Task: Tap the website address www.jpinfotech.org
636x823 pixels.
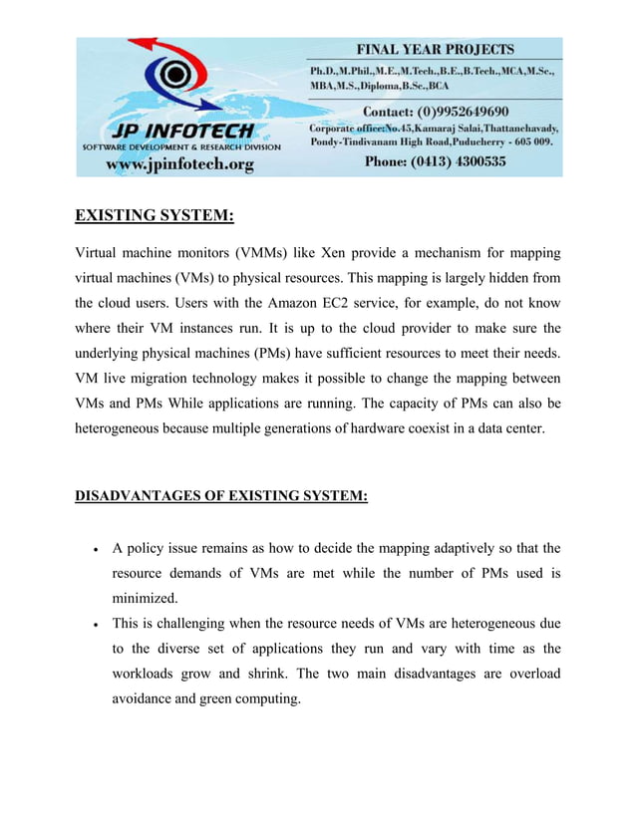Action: point(180,163)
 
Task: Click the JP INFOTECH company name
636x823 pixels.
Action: point(182,131)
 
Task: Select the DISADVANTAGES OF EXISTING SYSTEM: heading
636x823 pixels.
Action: point(221,493)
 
